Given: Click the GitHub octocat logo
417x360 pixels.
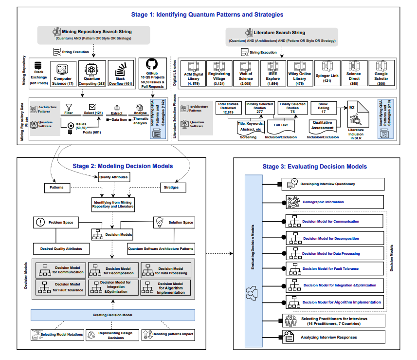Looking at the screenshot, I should pos(152,64).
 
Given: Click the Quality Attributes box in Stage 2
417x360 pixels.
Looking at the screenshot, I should pos(114,177).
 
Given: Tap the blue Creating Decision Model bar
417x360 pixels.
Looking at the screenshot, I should pos(112,315).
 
